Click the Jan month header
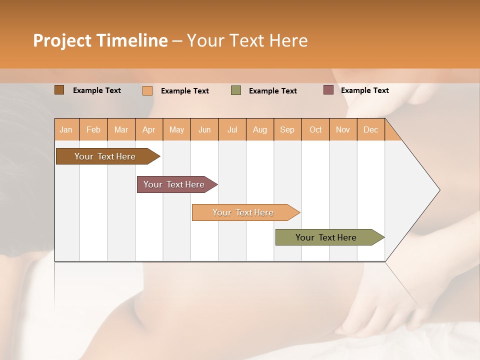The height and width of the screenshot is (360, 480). click(x=66, y=129)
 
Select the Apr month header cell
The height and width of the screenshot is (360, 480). click(x=149, y=129)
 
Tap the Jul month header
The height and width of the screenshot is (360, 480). click(x=232, y=129)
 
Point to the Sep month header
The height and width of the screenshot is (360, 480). click(x=287, y=129)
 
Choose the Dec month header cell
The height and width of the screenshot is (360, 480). click(x=370, y=129)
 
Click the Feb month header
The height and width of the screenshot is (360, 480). click(x=93, y=129)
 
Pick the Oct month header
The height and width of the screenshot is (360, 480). click(x=315, y=129)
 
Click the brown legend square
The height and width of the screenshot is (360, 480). click(x=59, y=90)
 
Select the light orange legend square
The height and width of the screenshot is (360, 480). click(x=147, y=90)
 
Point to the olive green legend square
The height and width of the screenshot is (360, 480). click(x=236, y=90)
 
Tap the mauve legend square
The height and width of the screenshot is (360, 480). click(x=328, y=90)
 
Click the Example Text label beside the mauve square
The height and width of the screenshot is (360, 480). click(x=364, y=90)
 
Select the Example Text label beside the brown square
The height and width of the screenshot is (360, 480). click(x=97, y=90)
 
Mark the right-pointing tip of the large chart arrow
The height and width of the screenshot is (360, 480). click(x=439, y=190)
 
